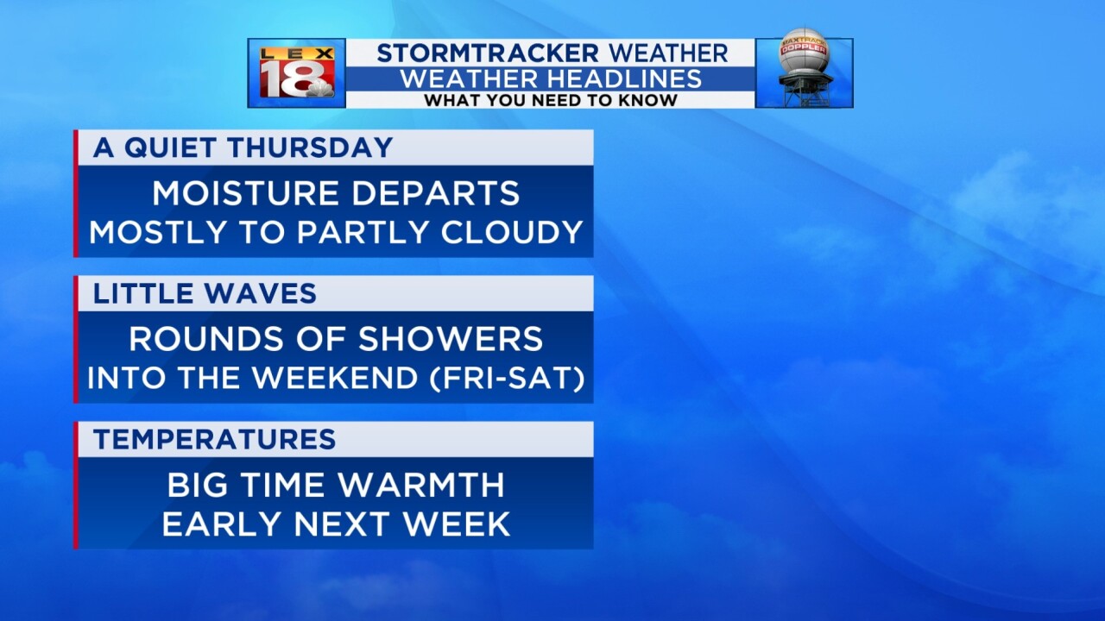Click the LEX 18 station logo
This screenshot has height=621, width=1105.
(x=297, y=72)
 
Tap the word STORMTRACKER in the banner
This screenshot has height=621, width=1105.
(x=488, y=53)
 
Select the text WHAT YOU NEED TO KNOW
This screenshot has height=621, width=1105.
(x=550, y=100)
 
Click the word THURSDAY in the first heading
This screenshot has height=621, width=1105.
(x=310, y=147)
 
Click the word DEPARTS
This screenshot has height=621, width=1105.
(x=436, y=192)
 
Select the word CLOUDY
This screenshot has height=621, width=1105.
(x=512, y=232)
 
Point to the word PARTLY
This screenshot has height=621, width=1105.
(x=362, y=232)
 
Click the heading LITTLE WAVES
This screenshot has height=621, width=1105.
(x=205, y=293)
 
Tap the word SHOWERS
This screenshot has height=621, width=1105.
(x=451, y=339)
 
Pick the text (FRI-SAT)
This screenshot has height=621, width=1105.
(x=507, y=378)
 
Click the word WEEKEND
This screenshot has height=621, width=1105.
(x=335, y=378)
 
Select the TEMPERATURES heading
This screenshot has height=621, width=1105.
(x=215, y=439)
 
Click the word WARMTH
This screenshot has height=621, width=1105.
(x=422, y=485)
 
